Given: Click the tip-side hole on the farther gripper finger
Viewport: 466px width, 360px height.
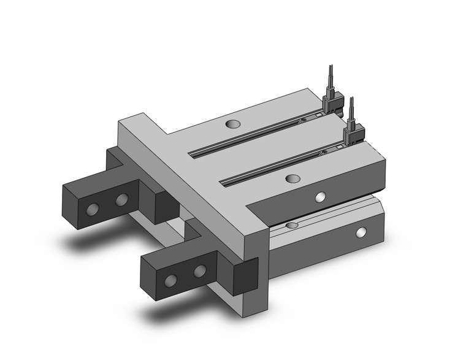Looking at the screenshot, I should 92,210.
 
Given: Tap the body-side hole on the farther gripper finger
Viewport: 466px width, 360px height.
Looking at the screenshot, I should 122,199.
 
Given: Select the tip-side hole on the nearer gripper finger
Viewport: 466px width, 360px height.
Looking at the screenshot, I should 170,280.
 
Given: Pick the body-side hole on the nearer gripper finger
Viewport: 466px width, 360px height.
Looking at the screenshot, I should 200,270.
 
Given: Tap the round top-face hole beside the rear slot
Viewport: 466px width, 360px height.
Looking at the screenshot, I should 232,124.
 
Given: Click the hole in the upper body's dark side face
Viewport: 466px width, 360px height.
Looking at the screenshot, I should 319,197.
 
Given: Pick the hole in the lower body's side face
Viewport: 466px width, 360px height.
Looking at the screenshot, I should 361,232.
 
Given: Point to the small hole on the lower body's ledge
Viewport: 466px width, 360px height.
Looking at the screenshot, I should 292,226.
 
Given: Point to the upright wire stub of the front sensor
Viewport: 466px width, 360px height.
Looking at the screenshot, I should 352,109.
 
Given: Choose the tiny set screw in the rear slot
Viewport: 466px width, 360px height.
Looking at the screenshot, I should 300,121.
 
